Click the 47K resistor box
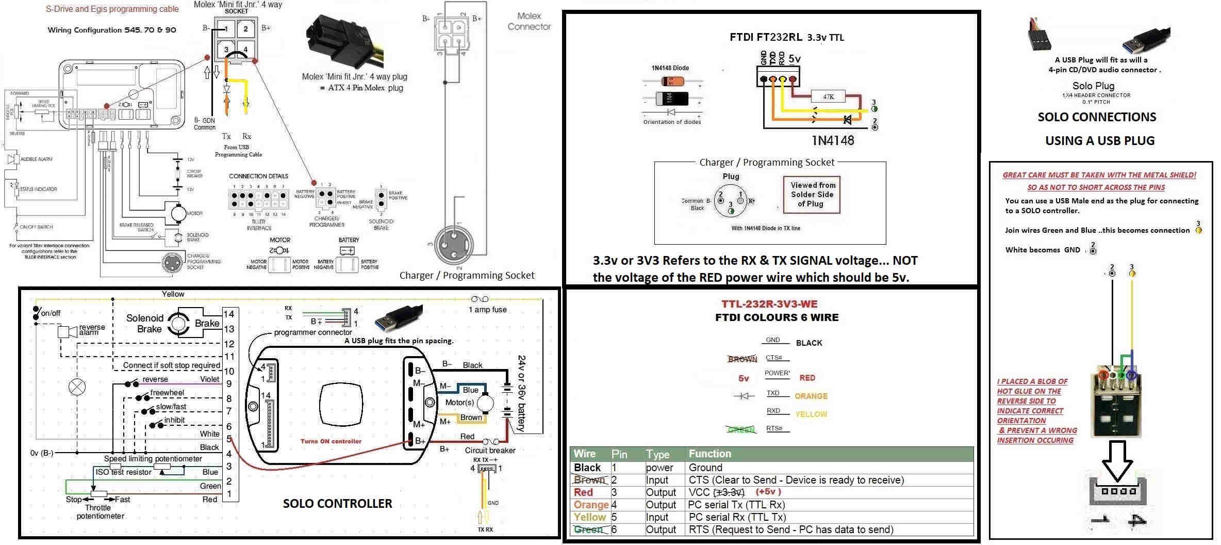click(x=828, y=97)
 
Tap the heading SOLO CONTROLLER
click(x=337, y=504)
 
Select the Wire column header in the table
click(x=584, y=454)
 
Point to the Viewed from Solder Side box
click(x=812, y=195)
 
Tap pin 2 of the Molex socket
click(x=245, y=29)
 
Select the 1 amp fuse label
click(x=487, y=310)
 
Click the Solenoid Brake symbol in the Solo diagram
click(x=178, y=324)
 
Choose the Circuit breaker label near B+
click(x=490, y=450)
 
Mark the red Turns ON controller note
click(x=331, y=441)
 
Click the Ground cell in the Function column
click(x=705, y=468)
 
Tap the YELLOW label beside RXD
click(x=811, y=414)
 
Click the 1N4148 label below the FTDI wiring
click(x=833, y=140)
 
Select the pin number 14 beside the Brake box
click(x=229, y=314)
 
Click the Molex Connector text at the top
click(x=529, y=21)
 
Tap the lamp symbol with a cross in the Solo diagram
click(x=77, y=386)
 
